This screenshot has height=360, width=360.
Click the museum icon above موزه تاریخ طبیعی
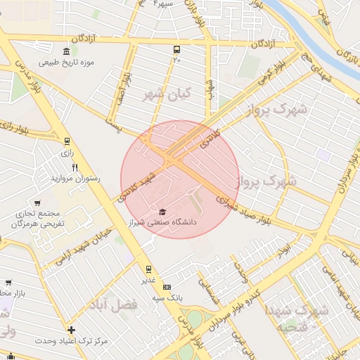(66, 51)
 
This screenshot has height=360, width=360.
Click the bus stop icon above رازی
(67, 141)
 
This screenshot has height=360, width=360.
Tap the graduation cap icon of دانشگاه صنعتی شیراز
(162, 212)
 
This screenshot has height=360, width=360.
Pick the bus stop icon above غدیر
(148, 269)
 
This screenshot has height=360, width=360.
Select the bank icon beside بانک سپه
(167, 287)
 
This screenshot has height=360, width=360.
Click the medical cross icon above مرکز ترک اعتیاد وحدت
(71, 330)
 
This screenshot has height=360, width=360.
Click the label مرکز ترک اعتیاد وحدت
(71, 341)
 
